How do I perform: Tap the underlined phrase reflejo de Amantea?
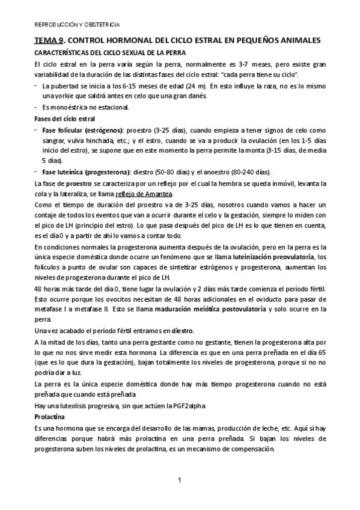143,194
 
